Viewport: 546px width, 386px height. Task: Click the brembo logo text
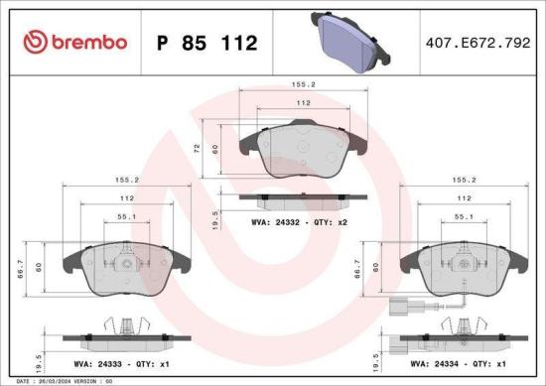(88, 42)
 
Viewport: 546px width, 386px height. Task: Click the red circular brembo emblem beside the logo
(35, 42)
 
